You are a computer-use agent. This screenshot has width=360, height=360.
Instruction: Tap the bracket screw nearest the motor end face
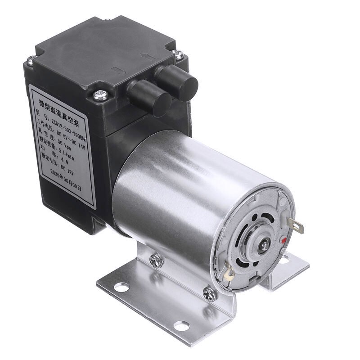[209, 292]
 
